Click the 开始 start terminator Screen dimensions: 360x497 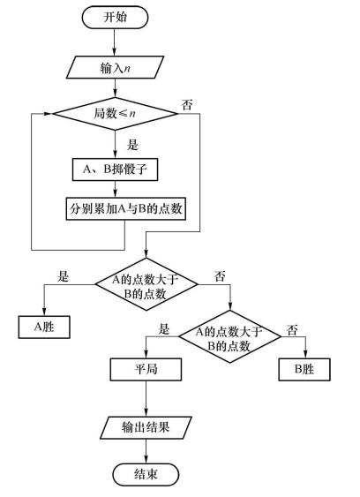(x=115, y=18)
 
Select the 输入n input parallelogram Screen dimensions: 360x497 (x=115, y=67)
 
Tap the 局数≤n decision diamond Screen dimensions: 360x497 (x=115, y=114)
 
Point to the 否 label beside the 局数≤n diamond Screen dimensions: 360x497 (x=187, y=104)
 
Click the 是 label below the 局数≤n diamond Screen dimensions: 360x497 (x=132, y=145)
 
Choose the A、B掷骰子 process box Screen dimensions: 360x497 (x=115, y=169)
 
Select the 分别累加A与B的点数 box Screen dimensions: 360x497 (x=126, y=209)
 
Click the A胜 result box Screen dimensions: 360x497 (x=44, y=328)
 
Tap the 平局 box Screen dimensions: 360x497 (x=146, y=369)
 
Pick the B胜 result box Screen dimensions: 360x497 (x=304, y=369)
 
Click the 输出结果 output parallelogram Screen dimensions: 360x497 (x=146, y=427)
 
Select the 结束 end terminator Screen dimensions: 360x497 (x=146, y=475)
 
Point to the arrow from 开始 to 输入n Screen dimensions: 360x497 (x=115, y=42)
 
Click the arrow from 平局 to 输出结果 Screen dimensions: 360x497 (x=146, y=399)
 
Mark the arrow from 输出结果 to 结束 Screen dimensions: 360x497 (x=146, y=451)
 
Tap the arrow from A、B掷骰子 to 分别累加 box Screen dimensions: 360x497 (x=115, y=189)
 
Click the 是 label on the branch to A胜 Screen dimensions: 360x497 (x=63, y=276)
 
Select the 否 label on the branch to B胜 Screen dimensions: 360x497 (x=292, y=330)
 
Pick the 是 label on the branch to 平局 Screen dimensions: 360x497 (x=164, y=329)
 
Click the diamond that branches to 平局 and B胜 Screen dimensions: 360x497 (x=229, y=336)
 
